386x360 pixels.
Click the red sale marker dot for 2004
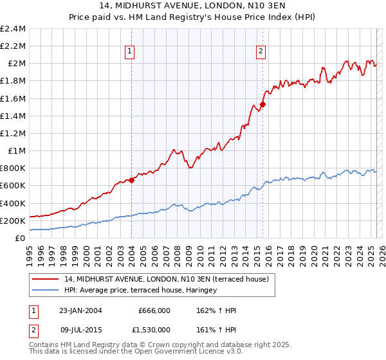point(131,180)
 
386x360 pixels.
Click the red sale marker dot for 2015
point(263,105)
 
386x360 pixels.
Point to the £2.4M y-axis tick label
point(13,29)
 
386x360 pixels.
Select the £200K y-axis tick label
point(13,221)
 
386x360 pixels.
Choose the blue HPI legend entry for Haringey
point(141,290)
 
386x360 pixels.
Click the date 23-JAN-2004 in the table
point(80,310)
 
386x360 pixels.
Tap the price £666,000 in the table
point(154,310)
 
